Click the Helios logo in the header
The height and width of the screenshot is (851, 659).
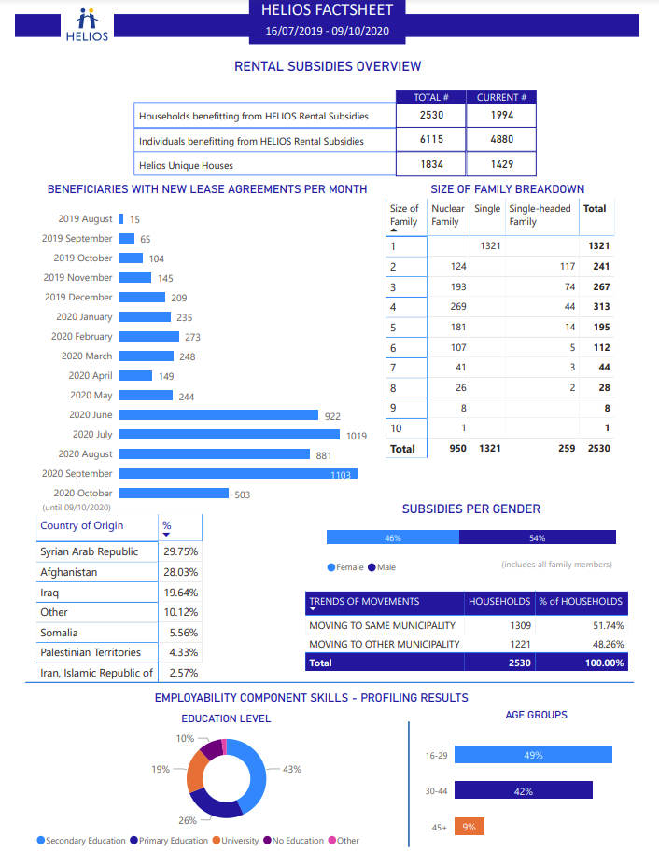click(x=87, y=25)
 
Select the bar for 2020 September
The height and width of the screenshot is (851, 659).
click(x=238, y=474)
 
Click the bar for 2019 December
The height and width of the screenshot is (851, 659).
click(x=143, y=298)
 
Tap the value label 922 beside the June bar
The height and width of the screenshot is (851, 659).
click(x=332, y=416)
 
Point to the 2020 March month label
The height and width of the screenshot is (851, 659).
click(x=87, y=356)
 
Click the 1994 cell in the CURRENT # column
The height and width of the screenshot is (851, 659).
click(x=502, y=116)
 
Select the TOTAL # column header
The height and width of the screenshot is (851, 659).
click(x=432, y=97)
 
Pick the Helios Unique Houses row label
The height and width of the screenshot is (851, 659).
click(x=186, y=165)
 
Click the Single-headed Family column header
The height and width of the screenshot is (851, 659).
click(x=540, y=216)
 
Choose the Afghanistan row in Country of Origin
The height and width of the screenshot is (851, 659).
click(x=69, y=572)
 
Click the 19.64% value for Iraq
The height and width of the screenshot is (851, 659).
click(x=181, y=593)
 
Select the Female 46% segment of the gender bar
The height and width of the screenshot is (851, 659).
click(x=392, y=537)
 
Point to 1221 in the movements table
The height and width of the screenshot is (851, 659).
click(x=518, y=644)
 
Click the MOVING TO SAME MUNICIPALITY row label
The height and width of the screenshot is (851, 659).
click(x=383, y=625)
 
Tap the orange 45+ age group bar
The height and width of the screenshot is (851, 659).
click(x=470, y=827)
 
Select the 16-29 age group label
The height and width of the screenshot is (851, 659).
click(x=436, y=755)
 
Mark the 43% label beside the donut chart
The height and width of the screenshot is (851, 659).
click(x=292, y=770)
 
